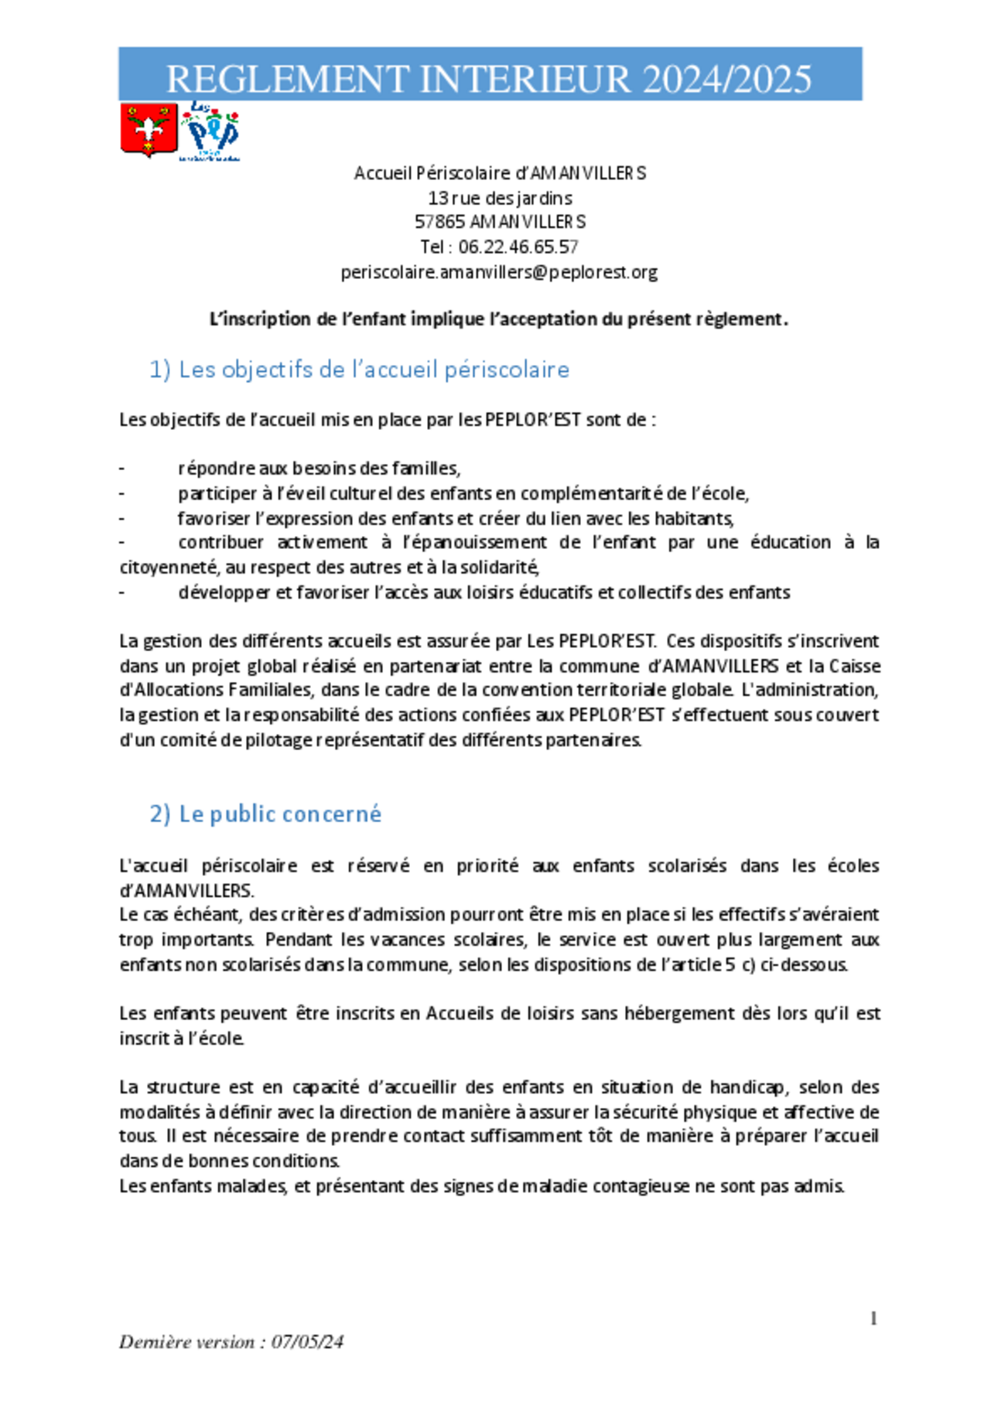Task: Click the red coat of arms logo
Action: click(x=149, y=131)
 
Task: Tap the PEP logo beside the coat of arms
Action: click(x=210, y=132)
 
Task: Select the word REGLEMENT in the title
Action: click(x=288, y=79)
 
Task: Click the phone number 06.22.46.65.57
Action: click(x=518, y=247)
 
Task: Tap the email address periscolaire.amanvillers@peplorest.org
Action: click(x=499, y=272)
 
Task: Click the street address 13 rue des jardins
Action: click(x=500, y=198)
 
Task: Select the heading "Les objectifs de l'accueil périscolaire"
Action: click(x=374, y=370)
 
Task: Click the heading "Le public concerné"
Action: click(x=280, y=814)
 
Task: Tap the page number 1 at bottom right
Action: click(x=873, y=1318)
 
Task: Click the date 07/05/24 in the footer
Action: click(x=307, y=1342)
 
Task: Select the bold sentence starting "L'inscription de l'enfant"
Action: click(x=499, y=319)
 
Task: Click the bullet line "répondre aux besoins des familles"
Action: click(x=319, y=469)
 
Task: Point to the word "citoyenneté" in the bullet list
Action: click(x=169, y=568)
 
